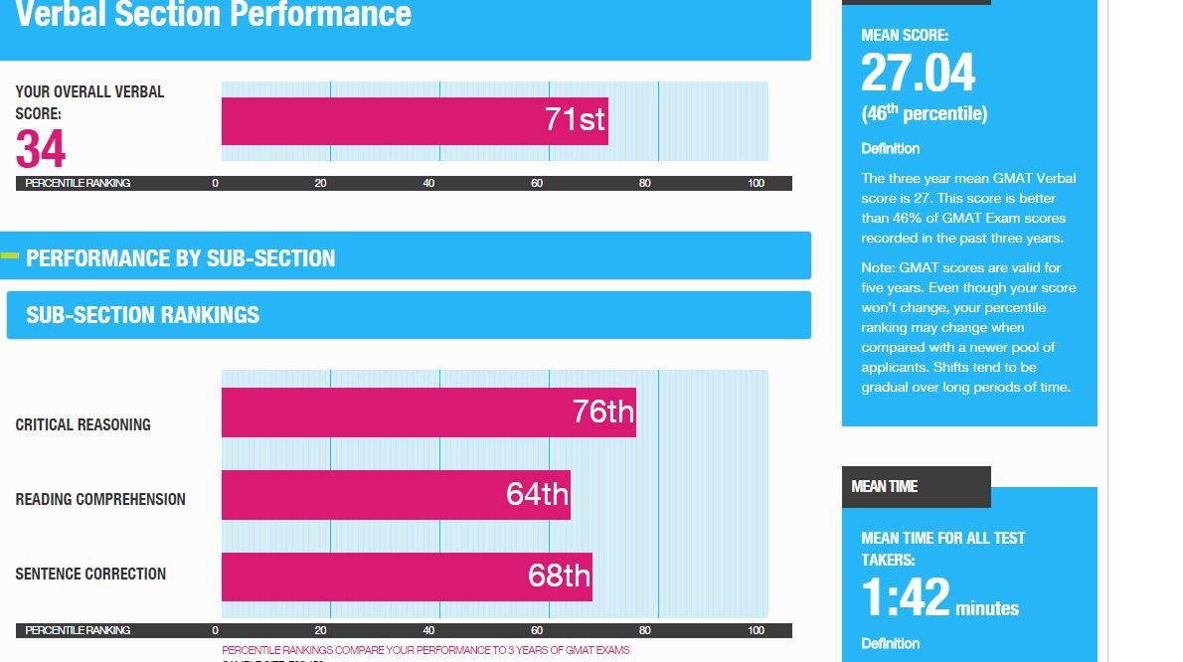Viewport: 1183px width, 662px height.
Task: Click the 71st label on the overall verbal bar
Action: (575, 120)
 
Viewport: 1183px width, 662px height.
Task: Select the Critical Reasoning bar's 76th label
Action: (602, 412)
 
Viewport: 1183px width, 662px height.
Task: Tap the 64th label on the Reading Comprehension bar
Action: (537, 494)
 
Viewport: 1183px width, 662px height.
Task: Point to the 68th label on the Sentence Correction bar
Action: (559, 576)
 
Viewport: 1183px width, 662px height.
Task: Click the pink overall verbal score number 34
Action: (41, 150)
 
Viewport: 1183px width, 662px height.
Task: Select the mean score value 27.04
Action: (918, 74)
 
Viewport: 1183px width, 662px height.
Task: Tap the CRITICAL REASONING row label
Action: (84, 424)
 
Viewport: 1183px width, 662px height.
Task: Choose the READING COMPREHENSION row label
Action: (100, 499)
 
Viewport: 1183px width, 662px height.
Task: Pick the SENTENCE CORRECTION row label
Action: (90, 574)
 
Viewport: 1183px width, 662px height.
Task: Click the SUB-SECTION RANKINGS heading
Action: (142, 315)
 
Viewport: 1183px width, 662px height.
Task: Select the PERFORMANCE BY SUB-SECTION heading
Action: (180, 258)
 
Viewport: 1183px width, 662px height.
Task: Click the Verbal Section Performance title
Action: (213, 15)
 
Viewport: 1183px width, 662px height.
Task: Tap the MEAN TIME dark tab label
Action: (885, 486)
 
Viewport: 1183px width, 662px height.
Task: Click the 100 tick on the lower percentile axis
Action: (756, 630)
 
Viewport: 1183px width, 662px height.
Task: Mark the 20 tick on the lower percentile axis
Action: (320, 630)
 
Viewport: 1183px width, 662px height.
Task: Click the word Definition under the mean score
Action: (890, 148)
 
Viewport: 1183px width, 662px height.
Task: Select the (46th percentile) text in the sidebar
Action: (924, 113)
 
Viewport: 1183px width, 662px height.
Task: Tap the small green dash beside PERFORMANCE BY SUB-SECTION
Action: (10, 256)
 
